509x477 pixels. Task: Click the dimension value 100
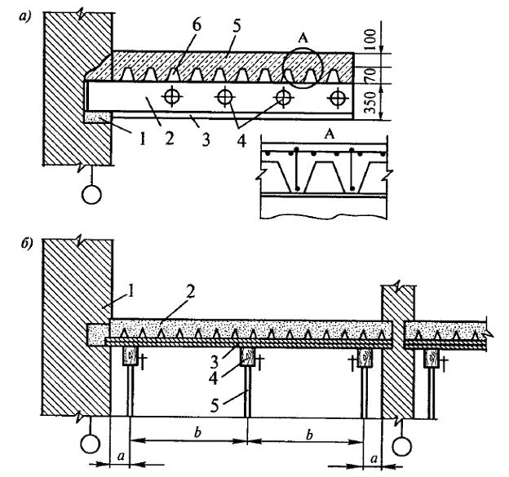pos(370,39)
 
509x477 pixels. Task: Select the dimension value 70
pos(370,75)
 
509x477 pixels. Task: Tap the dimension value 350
pos(370,103)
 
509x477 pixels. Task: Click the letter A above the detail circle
pos(302,38)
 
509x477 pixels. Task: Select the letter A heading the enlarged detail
pos(330,134)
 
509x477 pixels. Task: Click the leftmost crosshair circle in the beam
pos(171,96)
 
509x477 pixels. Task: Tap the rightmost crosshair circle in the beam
pos(338,97)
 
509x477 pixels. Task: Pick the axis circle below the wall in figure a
pos(92,194)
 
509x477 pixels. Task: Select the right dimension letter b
pos(310,434)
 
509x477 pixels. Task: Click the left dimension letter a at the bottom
pos(121,457)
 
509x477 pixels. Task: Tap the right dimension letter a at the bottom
pos(374,458)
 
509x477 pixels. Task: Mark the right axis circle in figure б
pos(402,446)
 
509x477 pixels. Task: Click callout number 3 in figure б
pos(214,362)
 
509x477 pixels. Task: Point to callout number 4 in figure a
pos(241,141)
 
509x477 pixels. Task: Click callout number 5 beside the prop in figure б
pos(215,405)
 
